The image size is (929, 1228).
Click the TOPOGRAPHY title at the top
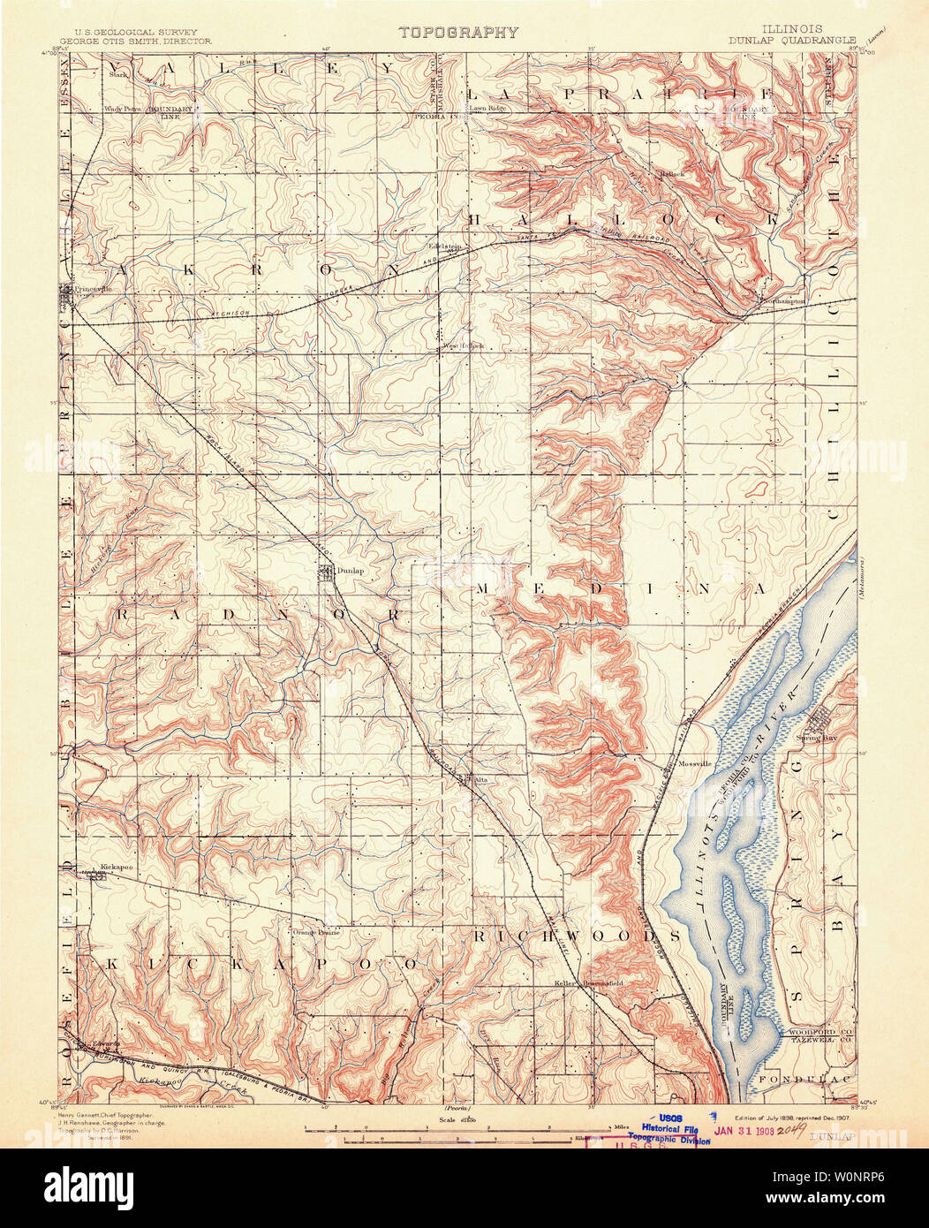457,33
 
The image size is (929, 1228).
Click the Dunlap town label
350,572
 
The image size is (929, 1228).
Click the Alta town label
481,780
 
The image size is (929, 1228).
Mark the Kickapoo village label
116,868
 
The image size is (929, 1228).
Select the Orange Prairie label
316,931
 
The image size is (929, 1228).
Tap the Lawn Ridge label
487,108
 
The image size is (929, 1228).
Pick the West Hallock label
464,345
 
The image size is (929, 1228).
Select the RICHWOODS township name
576,935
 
